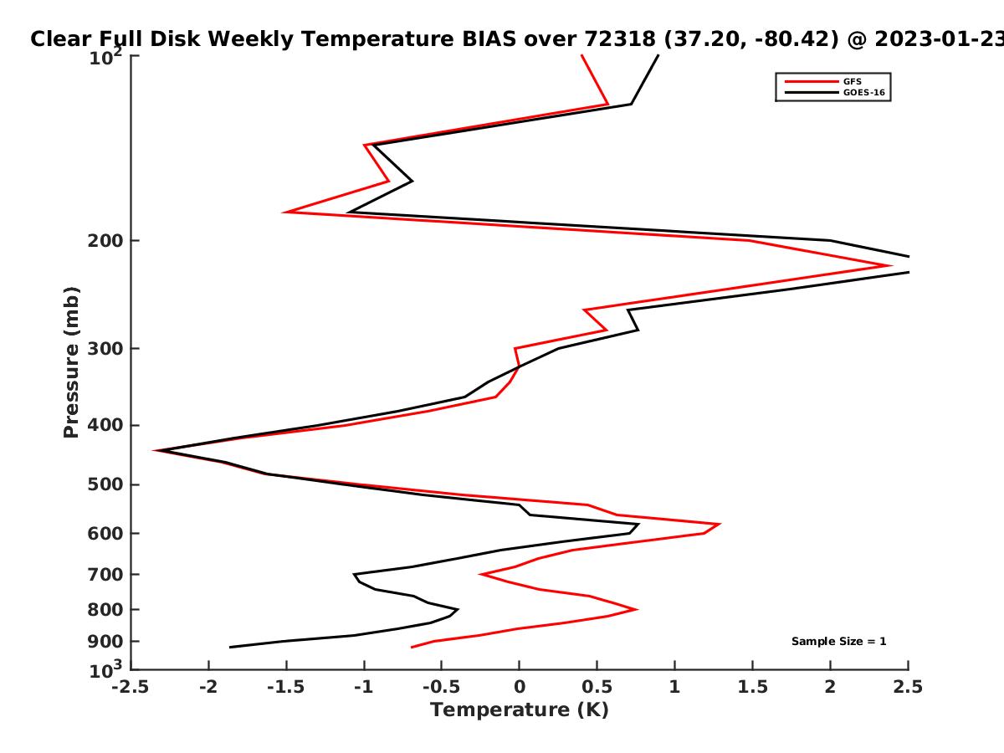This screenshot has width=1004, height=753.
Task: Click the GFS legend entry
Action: click(x=823, y=81)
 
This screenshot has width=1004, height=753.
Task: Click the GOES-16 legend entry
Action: click(x=835, y=92)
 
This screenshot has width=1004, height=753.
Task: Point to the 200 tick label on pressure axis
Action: click(x=105, y=240)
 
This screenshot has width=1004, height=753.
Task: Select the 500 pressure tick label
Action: click(x=105, y=484)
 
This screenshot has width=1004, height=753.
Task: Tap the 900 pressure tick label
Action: click(x=105, y=642)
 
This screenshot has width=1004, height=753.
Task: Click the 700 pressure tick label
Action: click(x=105, y=574)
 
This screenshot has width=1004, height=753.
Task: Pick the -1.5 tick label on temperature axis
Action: click(x=286, y=687)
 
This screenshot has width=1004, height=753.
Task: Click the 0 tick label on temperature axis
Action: click(x=520, y=687)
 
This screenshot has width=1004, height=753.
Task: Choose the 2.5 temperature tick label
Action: click(x=908, y=687)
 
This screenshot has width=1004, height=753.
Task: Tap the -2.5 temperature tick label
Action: click(x=131, y=687)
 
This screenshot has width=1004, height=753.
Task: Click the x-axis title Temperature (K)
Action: click(x=520, y=710)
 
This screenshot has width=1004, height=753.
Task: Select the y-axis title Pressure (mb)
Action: click(x=71, y=362)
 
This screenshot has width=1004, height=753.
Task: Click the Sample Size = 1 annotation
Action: click(x=839, y=642)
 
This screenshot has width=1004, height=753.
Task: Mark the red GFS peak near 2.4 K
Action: click(x=891, y=265)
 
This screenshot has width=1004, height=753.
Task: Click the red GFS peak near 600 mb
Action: click(x=720, y=524)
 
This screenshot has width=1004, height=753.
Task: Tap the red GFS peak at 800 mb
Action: click(x=637, y=609)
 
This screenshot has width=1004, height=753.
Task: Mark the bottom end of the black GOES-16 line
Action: click(x=229, y=647)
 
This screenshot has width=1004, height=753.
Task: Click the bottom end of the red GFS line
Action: click(x=412, y=647)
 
